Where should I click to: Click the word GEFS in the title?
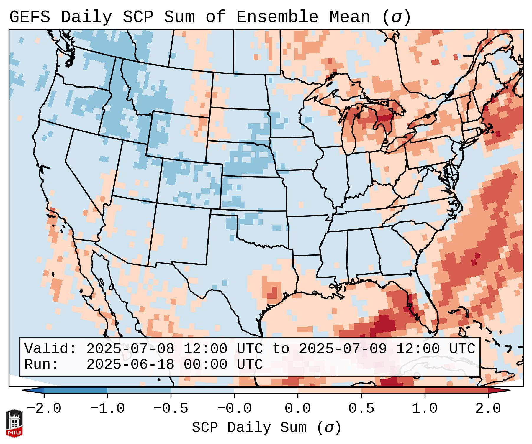coord(30,17)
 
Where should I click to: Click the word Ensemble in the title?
coord(277,17)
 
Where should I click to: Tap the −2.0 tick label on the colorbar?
coord(44,409)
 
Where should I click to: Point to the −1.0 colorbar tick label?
coord(107,409)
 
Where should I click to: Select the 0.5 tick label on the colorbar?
coord(361,409)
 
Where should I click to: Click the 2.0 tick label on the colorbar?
coord(488,409)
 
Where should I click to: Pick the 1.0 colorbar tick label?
coord(425,409)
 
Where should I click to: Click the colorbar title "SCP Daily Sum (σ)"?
coord(266,428)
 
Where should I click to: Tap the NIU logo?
coord(14,423)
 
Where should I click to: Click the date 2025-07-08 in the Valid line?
coord(130,349)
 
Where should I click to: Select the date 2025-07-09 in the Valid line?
coord(343,349)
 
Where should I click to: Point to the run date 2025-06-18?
coord(130,364)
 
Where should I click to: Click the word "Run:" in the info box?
coord(42,364)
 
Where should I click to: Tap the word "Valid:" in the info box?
coord(50,349)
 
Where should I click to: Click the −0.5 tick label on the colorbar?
coord(171,409)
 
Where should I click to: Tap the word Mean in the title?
coord(349,17)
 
